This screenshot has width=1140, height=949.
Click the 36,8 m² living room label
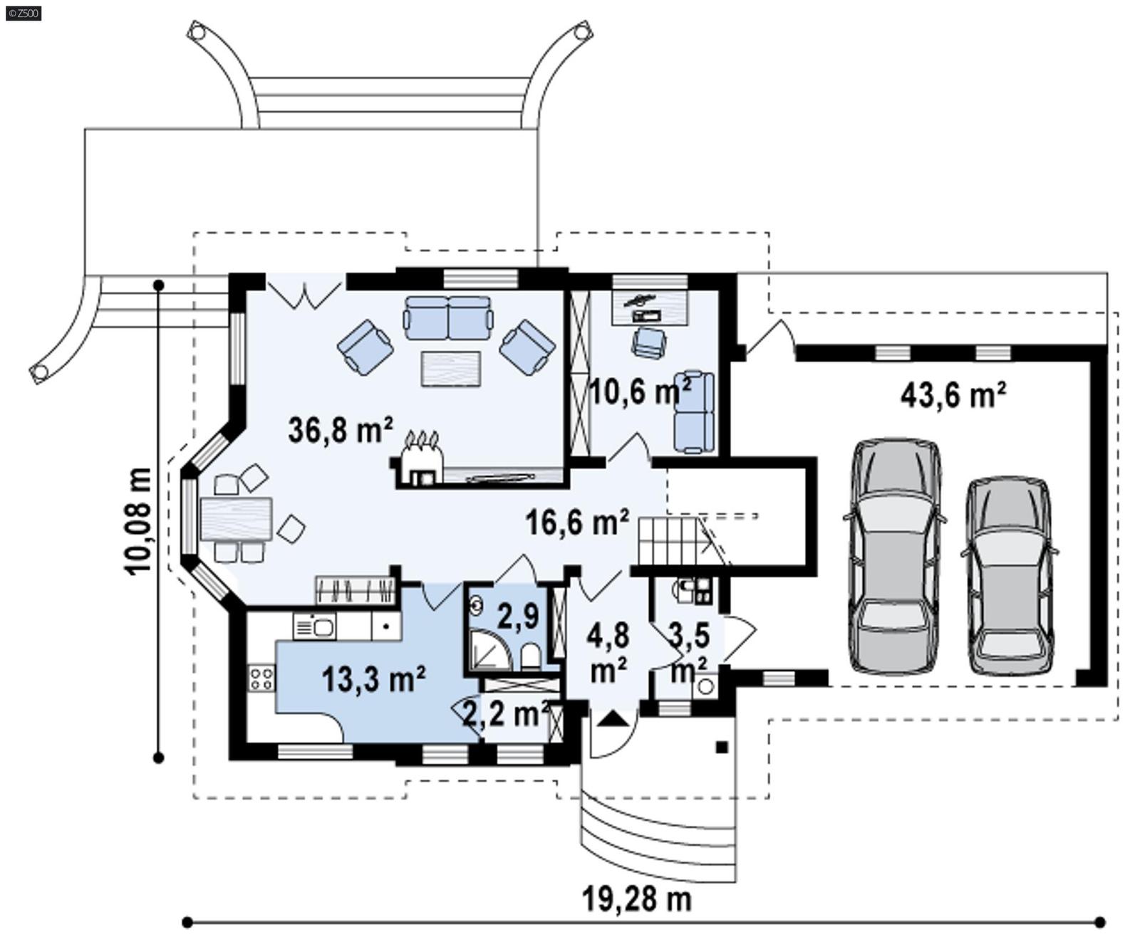341,430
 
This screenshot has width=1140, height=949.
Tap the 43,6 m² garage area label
953,394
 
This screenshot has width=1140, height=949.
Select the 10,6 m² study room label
641,391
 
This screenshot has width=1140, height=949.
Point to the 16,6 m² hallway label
577,522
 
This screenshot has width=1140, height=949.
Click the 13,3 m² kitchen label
373,679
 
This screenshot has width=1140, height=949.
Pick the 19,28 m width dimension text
636,899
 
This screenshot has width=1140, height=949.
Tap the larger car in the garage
895,555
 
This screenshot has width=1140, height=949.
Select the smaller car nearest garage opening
1008,575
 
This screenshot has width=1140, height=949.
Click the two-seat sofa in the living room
448,318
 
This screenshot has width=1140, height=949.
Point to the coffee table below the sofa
450,369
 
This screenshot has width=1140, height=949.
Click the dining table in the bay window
236,519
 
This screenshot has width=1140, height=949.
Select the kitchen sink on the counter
314,627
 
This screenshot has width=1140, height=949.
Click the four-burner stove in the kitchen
261,678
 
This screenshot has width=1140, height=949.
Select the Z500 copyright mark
23,12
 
